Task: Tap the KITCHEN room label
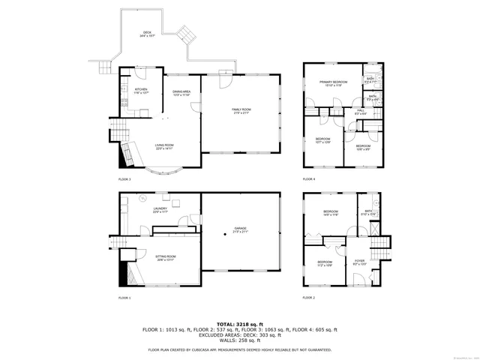142,90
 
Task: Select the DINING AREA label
182,92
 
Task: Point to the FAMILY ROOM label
241,111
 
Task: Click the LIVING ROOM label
164,146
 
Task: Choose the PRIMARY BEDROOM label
333,82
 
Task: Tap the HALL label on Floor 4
360,111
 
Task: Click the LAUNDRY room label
160,210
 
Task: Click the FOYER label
359,262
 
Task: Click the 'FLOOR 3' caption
124,179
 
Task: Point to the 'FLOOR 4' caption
309,179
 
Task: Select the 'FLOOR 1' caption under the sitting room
124,298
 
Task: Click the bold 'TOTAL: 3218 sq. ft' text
240,323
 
